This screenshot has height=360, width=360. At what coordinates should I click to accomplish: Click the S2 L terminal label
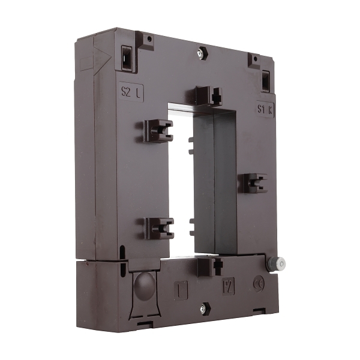pyautogui.click(x=132, y=92)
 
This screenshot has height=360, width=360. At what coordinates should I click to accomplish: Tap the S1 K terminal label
pyautogui.click(x=265, y=110)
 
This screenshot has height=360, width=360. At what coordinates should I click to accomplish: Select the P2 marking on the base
pyautogui.click(x=228, y=286)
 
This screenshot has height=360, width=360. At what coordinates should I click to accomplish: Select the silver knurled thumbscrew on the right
pyautogui.click(x=280, y=263)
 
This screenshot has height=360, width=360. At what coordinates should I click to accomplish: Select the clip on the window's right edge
pyautogui.click(x=254, y=183)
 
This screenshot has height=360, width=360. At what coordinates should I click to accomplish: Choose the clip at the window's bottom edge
pyautogui.click(x=206, y=264)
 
